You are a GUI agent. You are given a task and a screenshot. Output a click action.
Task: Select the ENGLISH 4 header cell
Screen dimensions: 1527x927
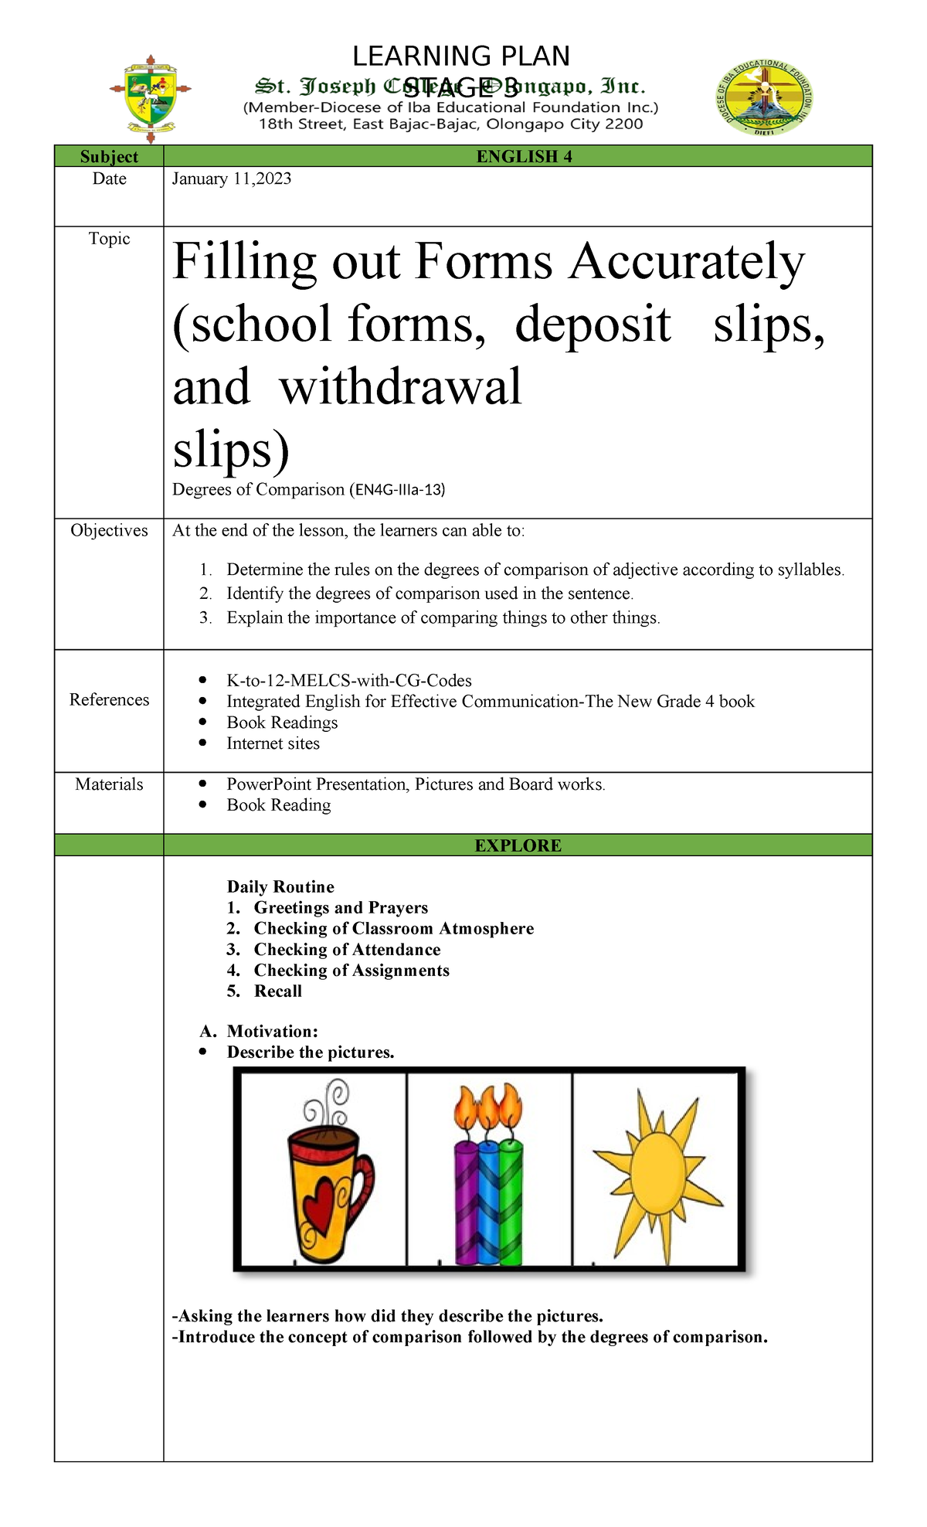524,157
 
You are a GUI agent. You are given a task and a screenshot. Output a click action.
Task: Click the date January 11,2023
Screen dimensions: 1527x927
232,179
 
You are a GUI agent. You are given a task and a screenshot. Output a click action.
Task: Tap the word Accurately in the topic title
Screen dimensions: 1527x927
687,263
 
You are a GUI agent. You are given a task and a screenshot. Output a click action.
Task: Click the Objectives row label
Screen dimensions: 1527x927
109,531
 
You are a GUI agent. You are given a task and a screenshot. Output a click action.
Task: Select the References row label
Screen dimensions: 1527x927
109,700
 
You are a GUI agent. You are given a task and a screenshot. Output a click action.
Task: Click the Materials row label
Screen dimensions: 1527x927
109,785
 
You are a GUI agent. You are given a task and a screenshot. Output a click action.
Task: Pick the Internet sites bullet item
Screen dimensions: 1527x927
273,744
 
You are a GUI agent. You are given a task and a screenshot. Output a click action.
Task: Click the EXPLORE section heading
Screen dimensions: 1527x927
518,845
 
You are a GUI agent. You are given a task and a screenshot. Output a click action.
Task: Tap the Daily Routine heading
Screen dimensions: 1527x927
280,887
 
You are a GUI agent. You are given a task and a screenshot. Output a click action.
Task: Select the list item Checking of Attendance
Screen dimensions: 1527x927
347,950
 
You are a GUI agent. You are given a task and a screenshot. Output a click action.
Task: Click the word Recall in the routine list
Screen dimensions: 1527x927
278,991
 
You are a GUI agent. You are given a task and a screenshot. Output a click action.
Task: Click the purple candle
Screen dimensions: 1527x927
466,1206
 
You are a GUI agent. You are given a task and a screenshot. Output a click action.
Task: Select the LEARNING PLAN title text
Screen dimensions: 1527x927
461,56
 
